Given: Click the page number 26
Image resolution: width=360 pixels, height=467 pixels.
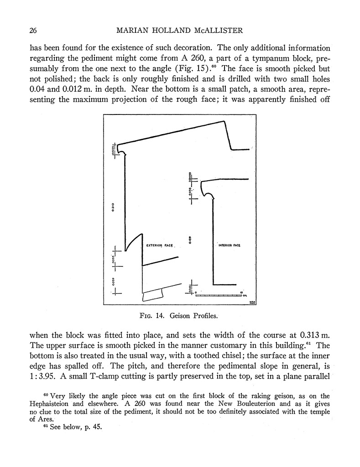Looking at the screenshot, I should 32,31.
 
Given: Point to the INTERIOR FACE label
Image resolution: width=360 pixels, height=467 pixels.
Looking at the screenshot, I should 230,245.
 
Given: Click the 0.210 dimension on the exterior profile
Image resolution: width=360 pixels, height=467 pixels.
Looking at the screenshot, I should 113,208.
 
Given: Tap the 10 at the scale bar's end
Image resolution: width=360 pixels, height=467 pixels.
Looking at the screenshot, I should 241,292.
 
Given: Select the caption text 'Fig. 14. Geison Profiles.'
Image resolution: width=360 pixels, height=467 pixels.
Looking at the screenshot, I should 180,315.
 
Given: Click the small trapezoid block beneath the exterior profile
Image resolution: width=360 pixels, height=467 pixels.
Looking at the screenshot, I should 153,295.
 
